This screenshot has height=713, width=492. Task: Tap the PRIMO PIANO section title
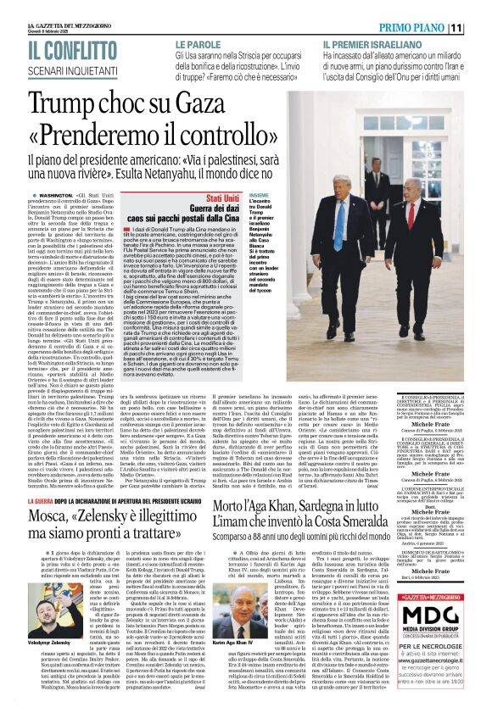tap(429, 26)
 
